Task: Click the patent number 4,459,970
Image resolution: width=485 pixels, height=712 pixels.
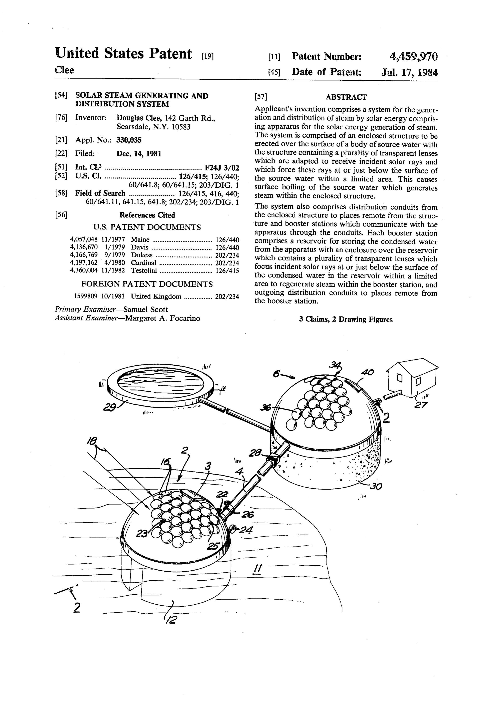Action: pos(414,57)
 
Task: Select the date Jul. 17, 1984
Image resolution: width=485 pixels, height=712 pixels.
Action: pos(409,72)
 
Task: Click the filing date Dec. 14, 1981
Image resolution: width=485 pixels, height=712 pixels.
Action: pos(139,154)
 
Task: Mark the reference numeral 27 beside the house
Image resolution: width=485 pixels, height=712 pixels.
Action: pos(421,405)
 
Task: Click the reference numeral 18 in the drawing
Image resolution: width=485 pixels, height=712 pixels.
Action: pos(92,441)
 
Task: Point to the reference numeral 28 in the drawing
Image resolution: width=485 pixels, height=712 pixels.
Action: pos(255,453)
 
